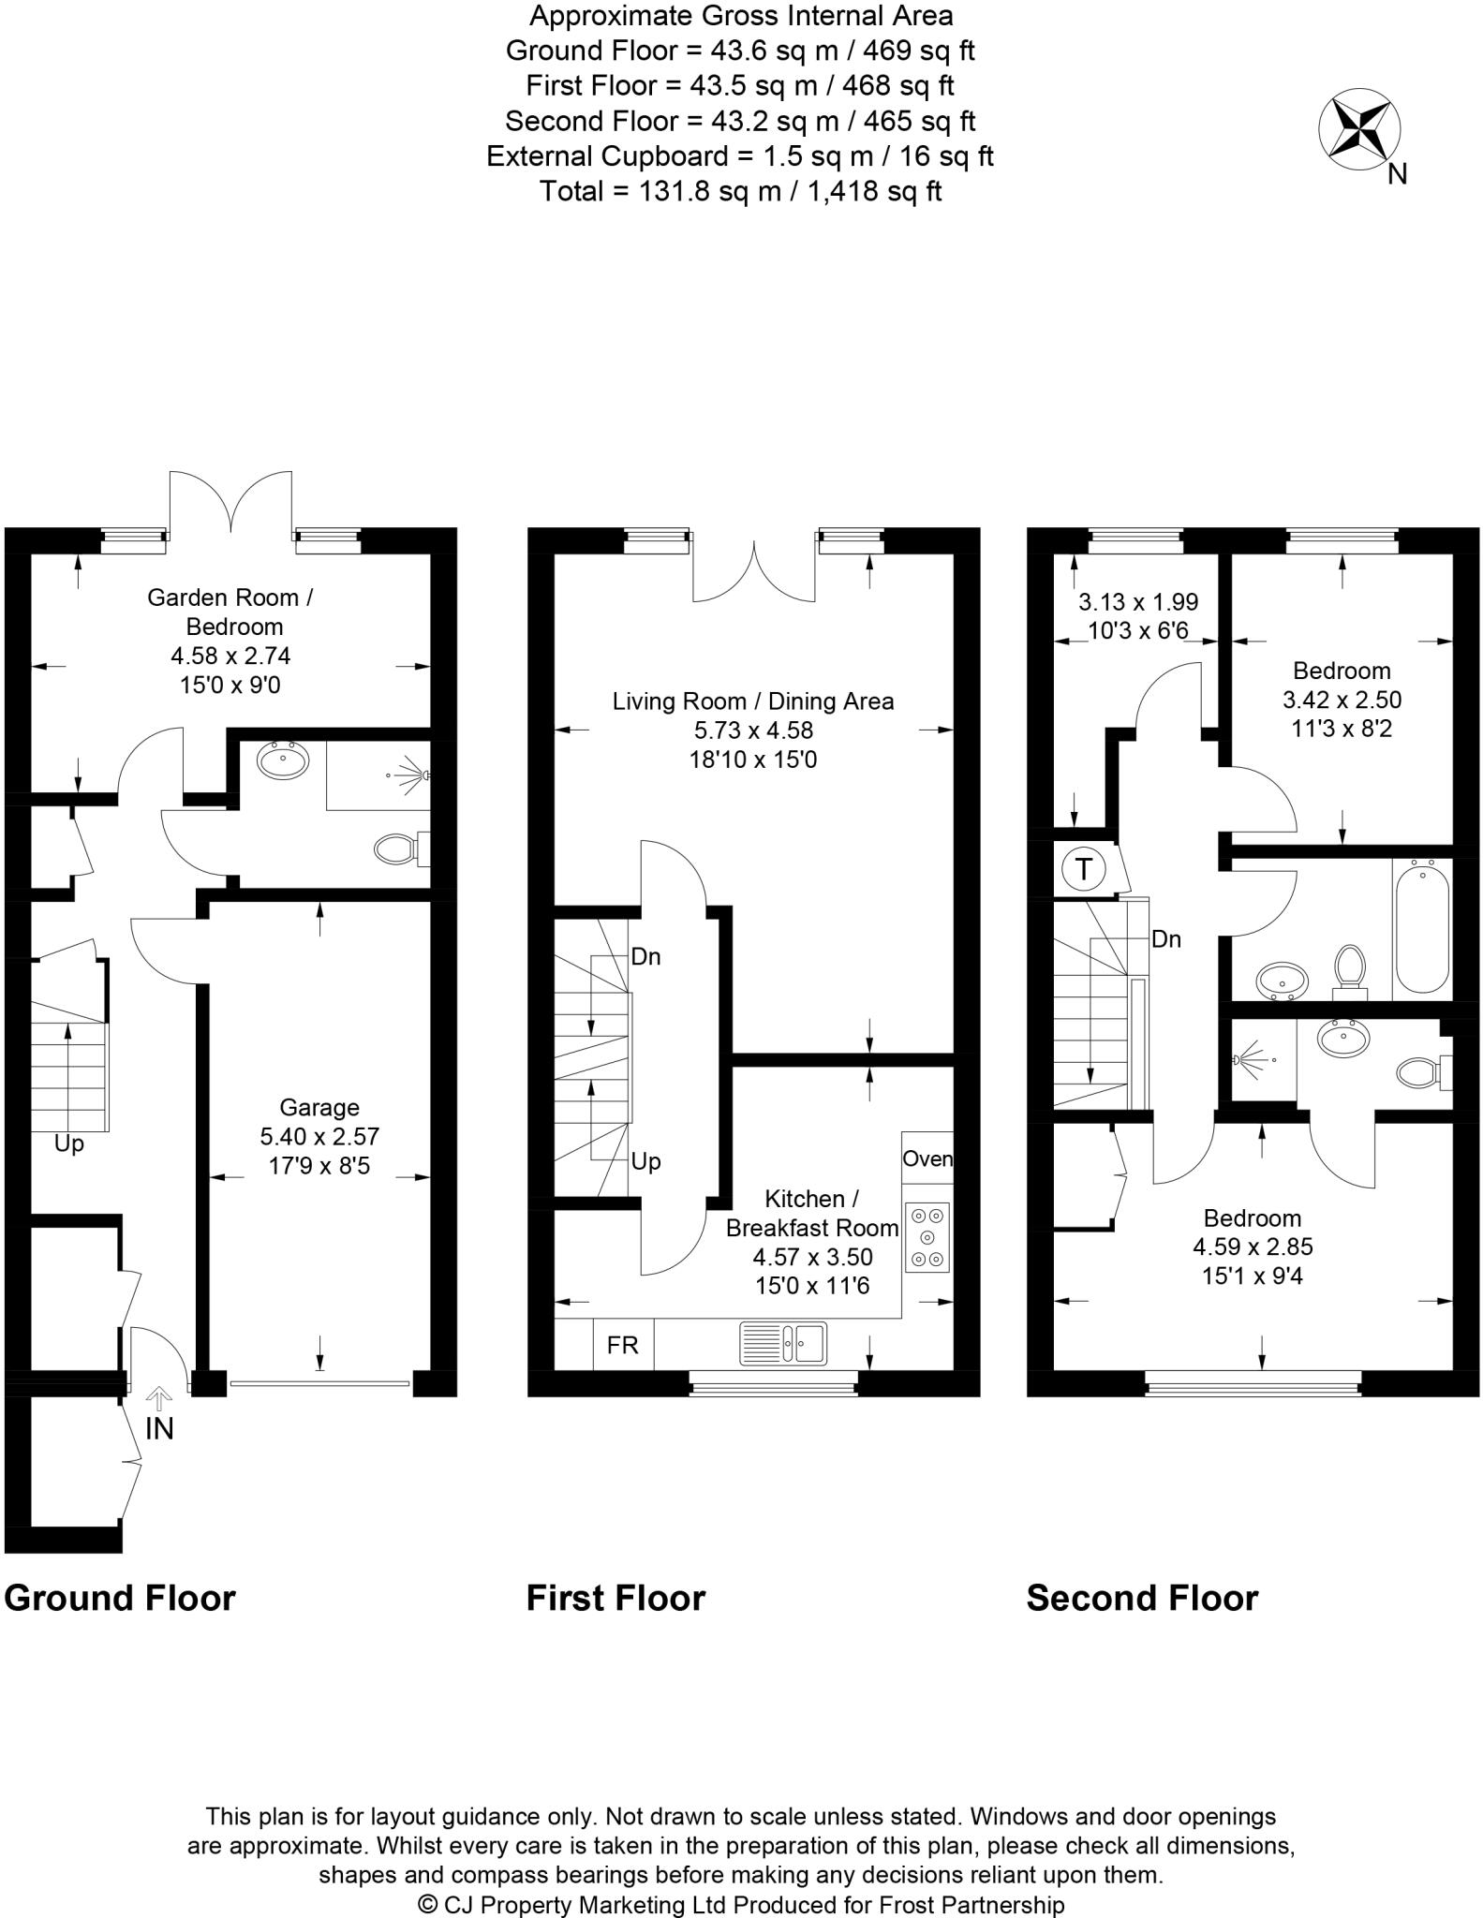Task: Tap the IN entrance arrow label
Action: coord(159,1428)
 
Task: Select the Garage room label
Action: coord(319,1108)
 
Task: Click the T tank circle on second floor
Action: coord(1084,869)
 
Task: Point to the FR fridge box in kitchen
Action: coord(623,1345)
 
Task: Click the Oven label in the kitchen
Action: coord(927,1158)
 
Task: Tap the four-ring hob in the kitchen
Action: coord(927,1237)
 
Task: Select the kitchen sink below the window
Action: coord(782,1343)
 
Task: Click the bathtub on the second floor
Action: coord(1422,926)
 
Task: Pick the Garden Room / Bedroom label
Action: coord(230,612)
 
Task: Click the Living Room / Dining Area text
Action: coord(753,701)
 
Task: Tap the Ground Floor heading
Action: coord(120,1599)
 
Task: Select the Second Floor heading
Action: coord(1142,1599)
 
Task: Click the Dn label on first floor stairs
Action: coord(645,957)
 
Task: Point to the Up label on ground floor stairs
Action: coord(69,1143)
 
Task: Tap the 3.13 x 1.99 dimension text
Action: coord(1138,602)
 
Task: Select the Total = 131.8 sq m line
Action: coord(740,191)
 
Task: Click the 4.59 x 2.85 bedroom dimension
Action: coord(1253,1247)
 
